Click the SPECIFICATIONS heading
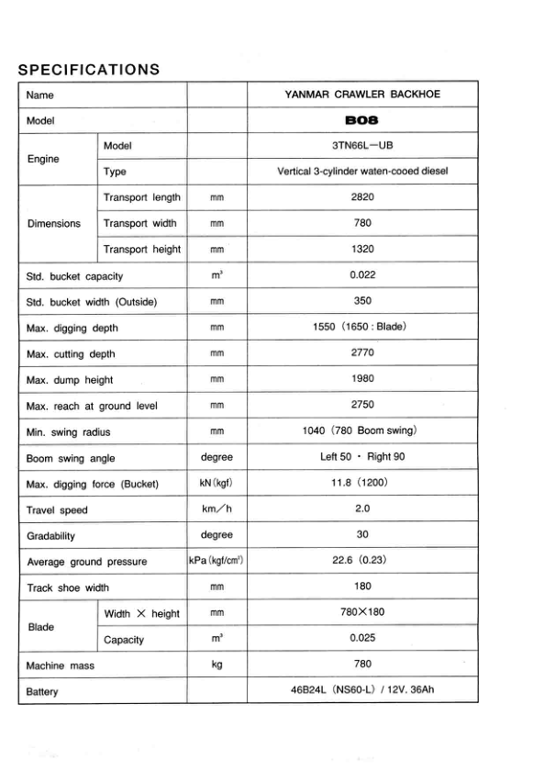pos(89,70)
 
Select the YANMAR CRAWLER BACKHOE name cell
pos(362,95)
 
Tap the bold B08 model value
pos(362,120)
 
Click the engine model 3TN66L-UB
pos(362,146)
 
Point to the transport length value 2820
pos(362,197)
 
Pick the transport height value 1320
pos(362,249)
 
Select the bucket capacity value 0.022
pos(362,275)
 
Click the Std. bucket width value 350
pos(362,301)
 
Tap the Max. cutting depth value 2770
pos(362,352)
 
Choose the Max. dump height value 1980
pos(362,378)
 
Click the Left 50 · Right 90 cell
pos(362,457)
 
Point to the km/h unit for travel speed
pos(216,509)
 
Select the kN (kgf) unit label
pos(216,484)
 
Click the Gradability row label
pos(51,536)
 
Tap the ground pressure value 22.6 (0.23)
pos(362,561)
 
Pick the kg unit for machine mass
pos(216,665)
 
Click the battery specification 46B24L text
pos(362,690)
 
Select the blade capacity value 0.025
pos(362,639)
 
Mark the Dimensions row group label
pos(53,223)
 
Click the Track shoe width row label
pos(68,587)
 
